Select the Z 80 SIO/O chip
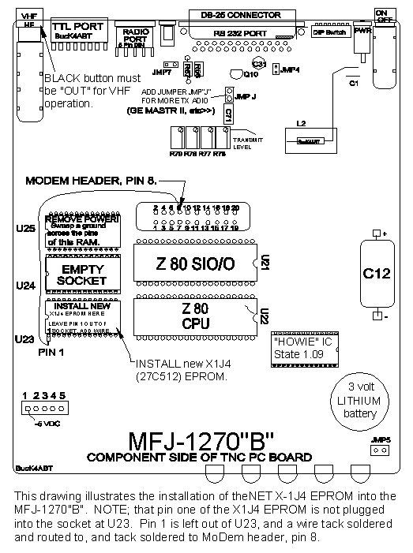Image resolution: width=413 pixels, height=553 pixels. pyautogui.click(x=194, y=262)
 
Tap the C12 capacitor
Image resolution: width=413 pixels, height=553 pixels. pyautogui.click(x=377, y=274)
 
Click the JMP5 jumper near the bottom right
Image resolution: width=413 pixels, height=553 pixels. pyautogui.click(x=378, y=451)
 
